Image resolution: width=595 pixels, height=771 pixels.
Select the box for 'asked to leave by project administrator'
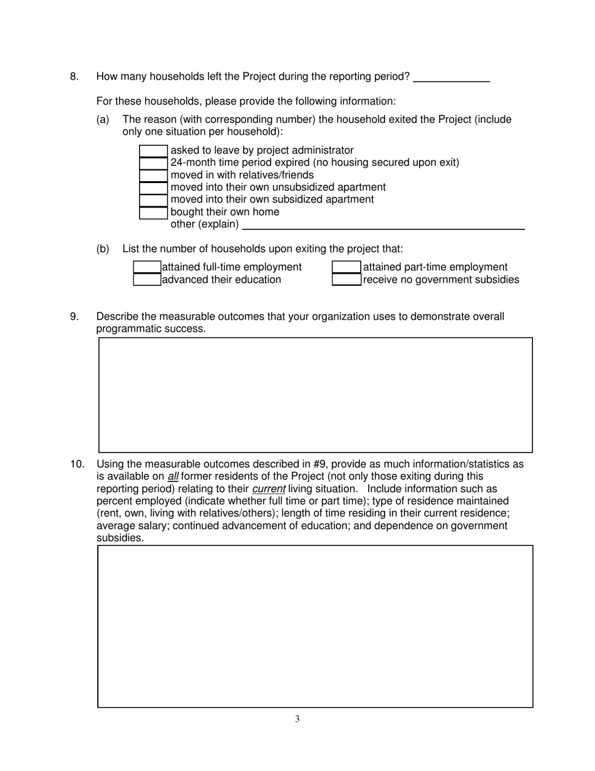(x=153, y=151)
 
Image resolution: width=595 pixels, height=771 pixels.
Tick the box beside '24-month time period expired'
(x=153, y=163)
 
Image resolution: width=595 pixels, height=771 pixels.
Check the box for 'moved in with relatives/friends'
(x=153, y=176)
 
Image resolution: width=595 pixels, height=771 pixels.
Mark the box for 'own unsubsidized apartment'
(x=153, y=187)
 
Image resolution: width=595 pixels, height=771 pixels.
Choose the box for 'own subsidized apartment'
(x=153, y=200)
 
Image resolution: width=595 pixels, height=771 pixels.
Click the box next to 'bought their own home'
(x=153, y=212)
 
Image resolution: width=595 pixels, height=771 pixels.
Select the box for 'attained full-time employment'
(x=147, y=268)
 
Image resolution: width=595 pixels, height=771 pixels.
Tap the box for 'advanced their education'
(x=147, y=280)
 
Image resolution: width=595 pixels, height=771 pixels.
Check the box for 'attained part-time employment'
(x=346, y=268)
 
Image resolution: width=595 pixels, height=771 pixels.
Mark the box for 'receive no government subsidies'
(x=346, y=280)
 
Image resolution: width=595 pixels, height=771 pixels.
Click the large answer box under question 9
(x=315, y=395)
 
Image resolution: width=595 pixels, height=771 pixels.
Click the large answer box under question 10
(x=315, y=626)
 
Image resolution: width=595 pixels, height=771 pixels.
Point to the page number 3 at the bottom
(x=297, y=719)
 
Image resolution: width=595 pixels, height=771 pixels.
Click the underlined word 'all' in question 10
(x=173, y=476)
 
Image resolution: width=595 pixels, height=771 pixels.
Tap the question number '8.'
(x=75, y=76)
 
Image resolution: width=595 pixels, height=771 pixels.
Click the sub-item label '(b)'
(x=103, y=249)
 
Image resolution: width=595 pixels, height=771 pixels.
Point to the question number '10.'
(x=77, y=464)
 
